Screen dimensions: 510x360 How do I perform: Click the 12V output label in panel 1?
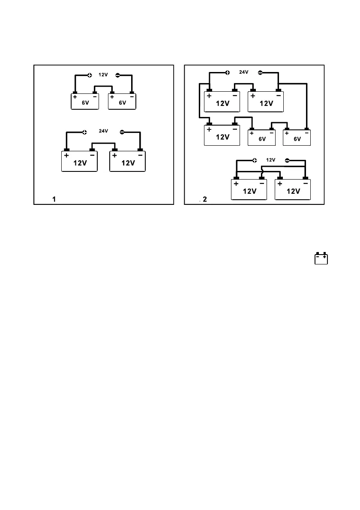pos(103,75)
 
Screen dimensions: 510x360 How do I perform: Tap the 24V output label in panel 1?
pos(103,131)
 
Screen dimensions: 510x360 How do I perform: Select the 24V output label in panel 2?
pos(243,72)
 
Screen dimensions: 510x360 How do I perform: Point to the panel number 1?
pos(54,199)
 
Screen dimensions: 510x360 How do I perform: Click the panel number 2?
pos(204,199)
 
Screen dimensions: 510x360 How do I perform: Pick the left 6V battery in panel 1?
pos(85,101)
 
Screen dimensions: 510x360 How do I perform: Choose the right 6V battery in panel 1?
pos(122,101)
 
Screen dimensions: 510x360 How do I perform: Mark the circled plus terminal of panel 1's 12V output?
pos(90,75)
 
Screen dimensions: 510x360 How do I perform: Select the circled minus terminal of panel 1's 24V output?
pos(122,132)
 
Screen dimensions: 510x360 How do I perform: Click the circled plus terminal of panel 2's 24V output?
pos(228,72)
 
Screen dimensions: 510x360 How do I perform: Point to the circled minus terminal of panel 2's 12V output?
pos(287,160)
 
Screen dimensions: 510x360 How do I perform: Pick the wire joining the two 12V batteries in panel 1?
pos(103,144)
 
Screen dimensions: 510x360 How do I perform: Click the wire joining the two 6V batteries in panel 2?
pos(279,123)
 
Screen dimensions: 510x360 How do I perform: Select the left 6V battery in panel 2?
pos(262,137)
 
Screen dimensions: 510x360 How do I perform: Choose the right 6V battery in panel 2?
pos(297,137)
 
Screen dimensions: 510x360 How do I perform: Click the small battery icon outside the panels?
pos(321,259)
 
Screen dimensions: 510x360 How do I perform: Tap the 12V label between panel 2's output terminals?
pos(270,160)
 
